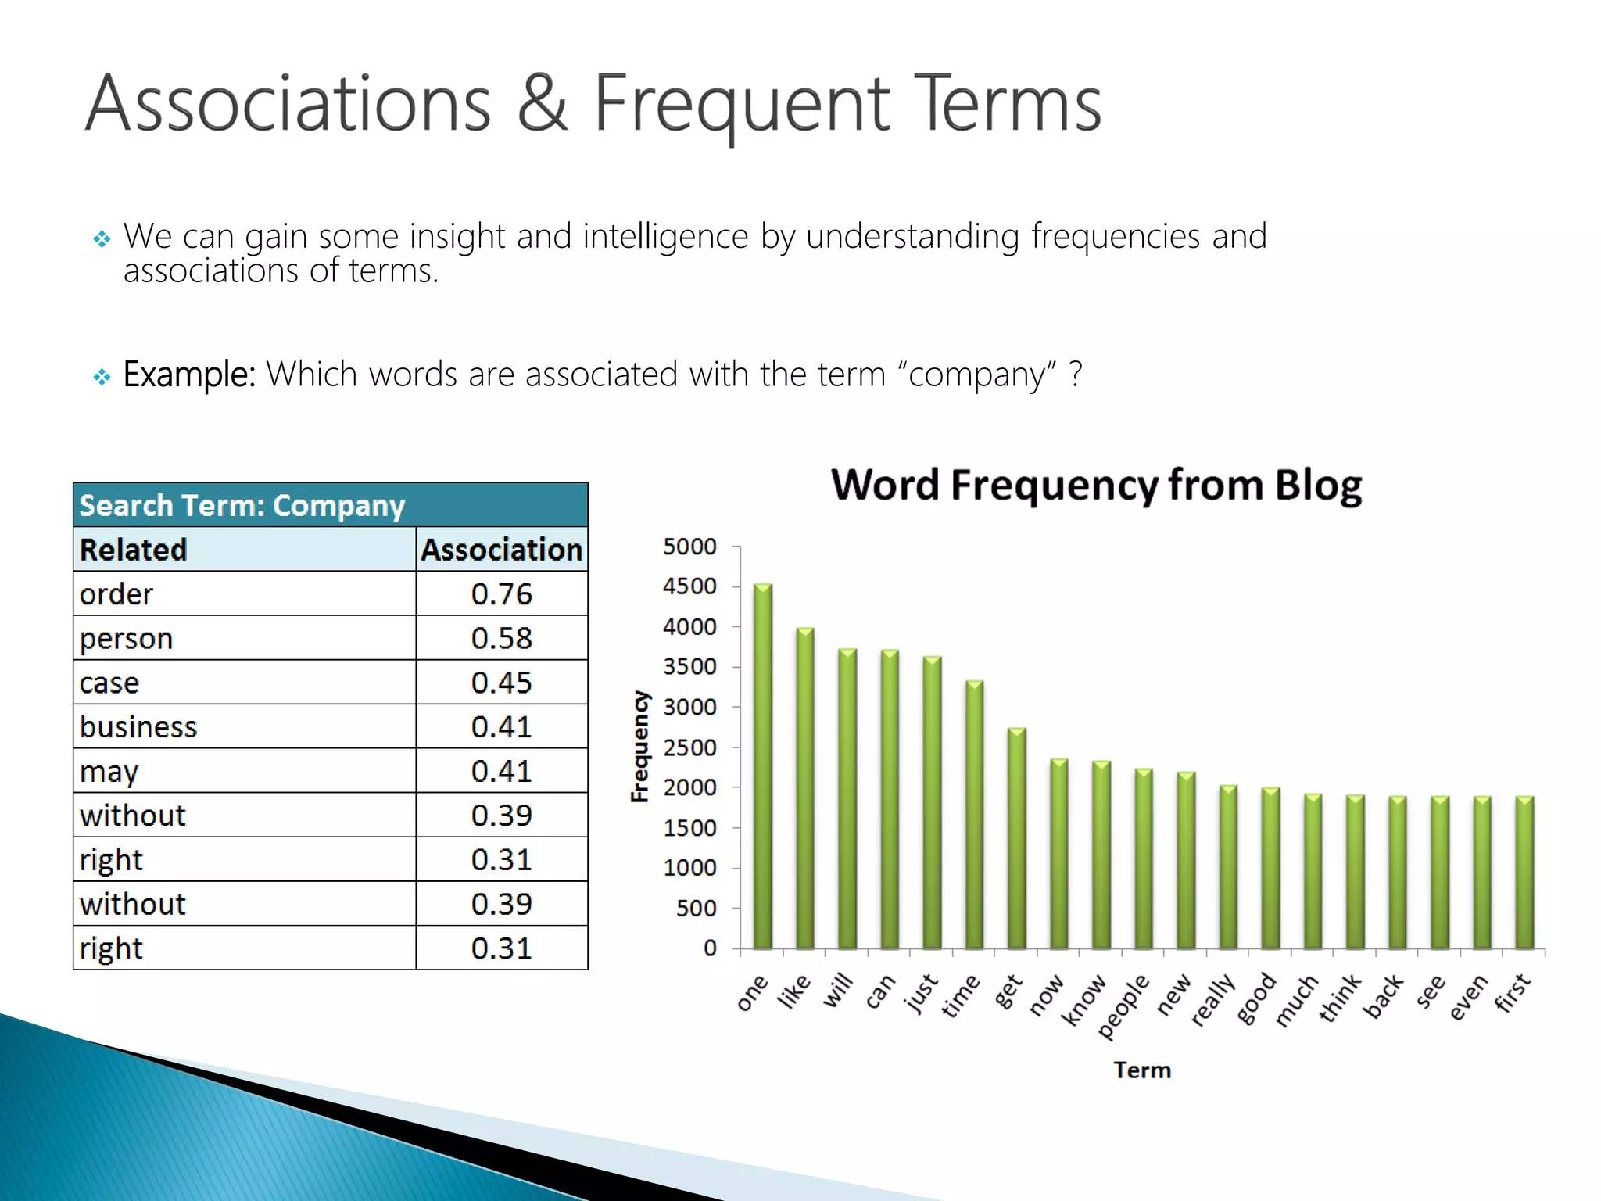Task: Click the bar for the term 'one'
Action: pyautogui.click(x=762, y=766)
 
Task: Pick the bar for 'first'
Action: pyautogui.click(x=1524, y=873)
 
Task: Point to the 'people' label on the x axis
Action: pyautogui.click(x=1124, y=1006)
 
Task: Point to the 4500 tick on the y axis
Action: pyautogui.click(x=689, y=586)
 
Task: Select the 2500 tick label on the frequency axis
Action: pyautogui.click(x=689, y=747)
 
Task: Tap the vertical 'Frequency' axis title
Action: pyautogui.click(x=639, y=747)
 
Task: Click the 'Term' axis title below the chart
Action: pyautogui.click(x=1142, y=1070)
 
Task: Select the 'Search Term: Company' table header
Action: pyautogui.click(x=242, y=506)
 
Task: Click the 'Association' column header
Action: pyautogui.click(x=501, y=550)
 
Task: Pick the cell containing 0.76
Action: pyautogui.click(x=501, y=594)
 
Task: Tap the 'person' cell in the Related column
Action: pyautogui.click(x=126, y=639)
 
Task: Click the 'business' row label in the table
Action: pyautogui.click(x=138, y=727)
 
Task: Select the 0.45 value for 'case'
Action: pyautogui.click(x=501, y=683)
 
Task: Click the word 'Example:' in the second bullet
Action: pyautogui.click(x=189, y=375)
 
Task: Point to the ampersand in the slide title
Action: pyautogui.click(x=542, y=103)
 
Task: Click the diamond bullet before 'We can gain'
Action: pyautogui.click(x=102, y=238)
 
